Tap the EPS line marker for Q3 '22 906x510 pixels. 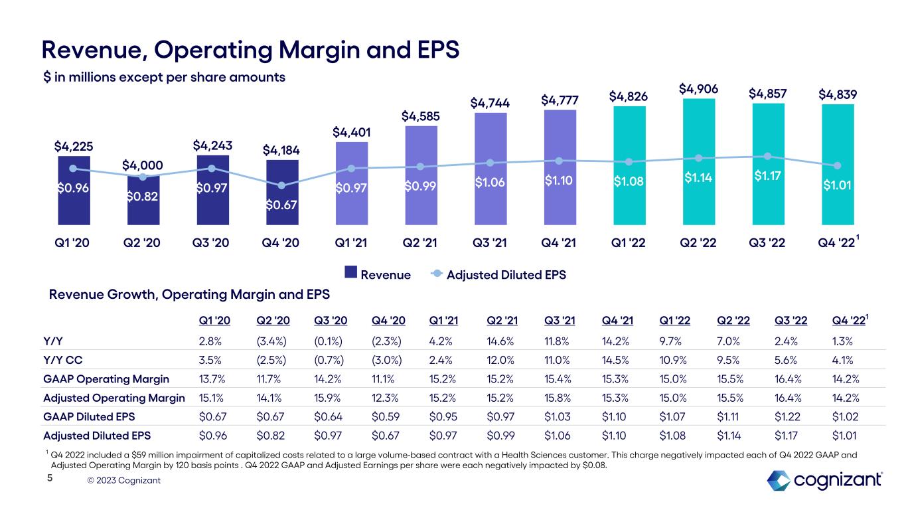pos(768,156)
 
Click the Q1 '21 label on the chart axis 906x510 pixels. pos(351,242)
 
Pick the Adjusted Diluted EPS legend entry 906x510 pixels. pos(498,274)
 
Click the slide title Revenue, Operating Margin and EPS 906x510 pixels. pos(250,48)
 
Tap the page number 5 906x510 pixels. pos(48,495)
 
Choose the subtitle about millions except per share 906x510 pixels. pos(164,77)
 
